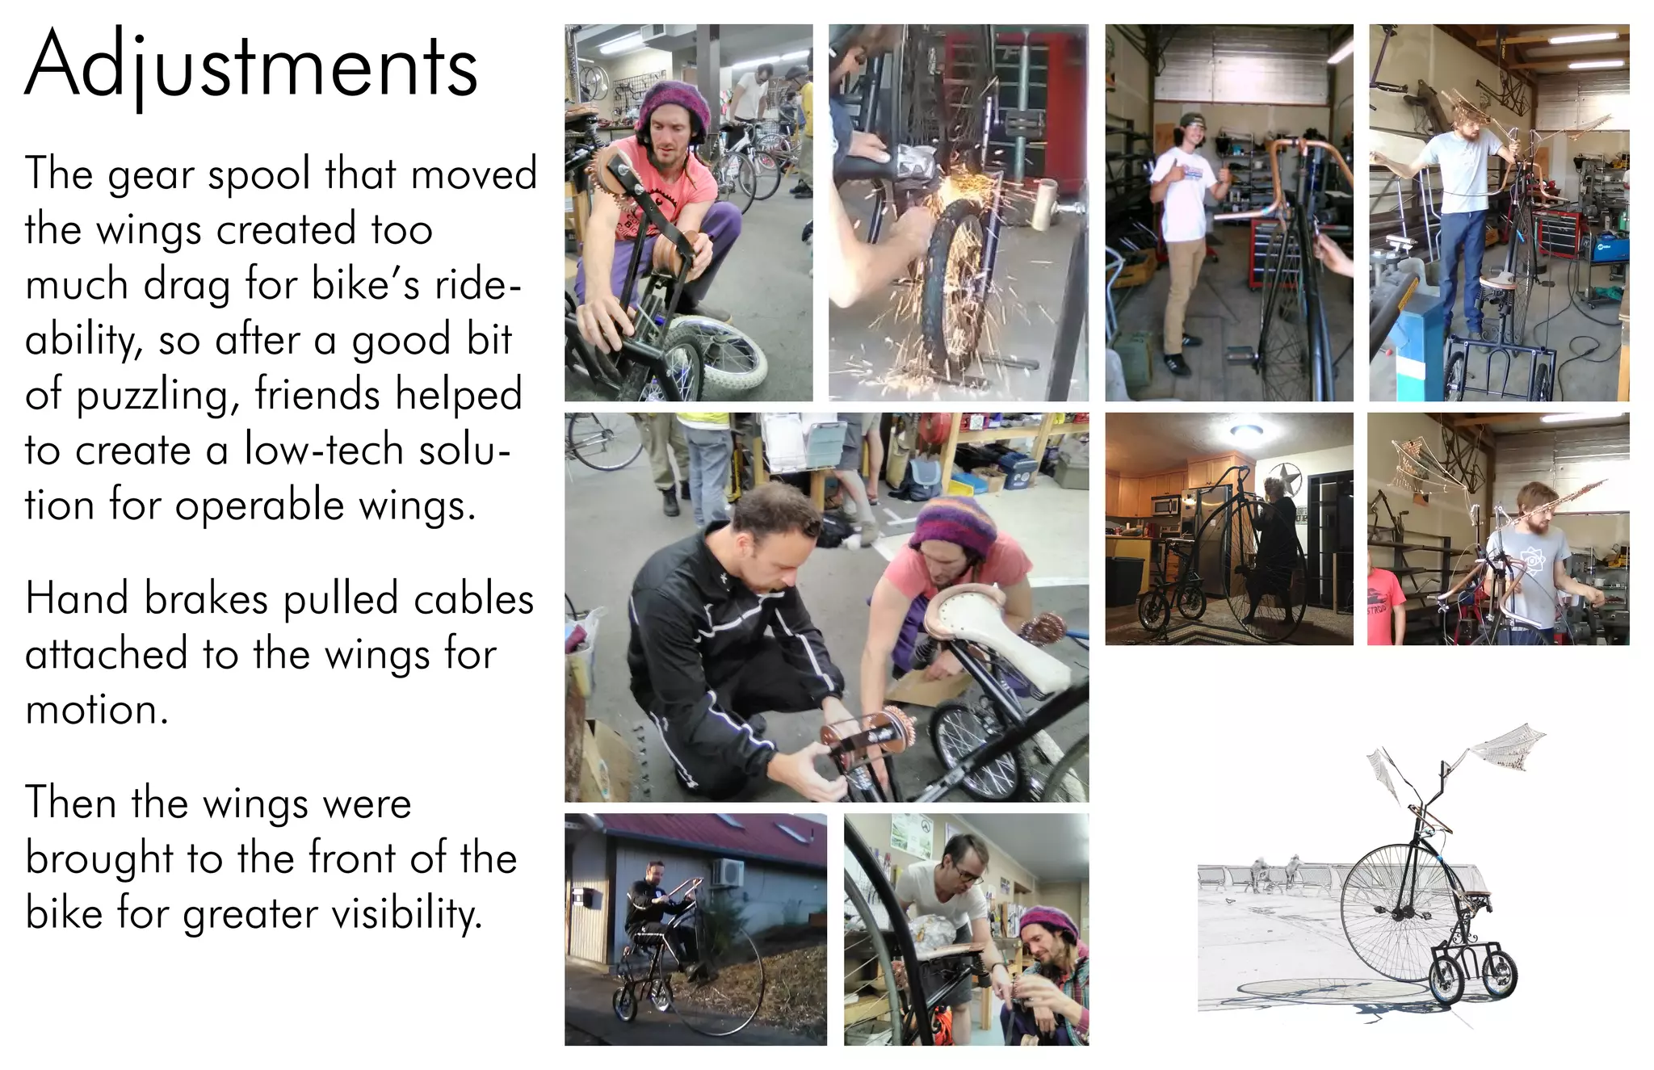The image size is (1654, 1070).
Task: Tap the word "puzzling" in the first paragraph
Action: click(158, 396)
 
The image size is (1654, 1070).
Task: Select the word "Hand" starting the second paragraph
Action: click(77, 599)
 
